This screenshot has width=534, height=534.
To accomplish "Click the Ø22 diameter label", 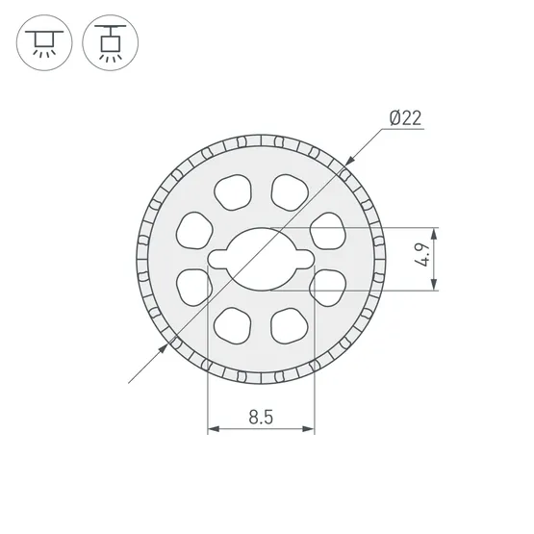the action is point(405,118).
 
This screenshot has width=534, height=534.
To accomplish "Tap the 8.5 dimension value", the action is point(261,417).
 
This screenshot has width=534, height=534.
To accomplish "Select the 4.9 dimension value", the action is point(423,255).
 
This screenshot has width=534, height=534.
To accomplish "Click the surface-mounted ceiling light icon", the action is point(44,43).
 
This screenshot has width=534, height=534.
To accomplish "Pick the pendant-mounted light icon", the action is point(111,43).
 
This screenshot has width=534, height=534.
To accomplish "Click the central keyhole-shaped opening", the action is point(261,260).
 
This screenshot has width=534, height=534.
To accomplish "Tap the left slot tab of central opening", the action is point(217,260).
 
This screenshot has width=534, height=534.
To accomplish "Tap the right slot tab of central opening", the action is point(304,260).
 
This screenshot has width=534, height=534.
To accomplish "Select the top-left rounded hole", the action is point(233,192).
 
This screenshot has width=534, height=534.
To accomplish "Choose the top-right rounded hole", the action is point(290,192).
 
